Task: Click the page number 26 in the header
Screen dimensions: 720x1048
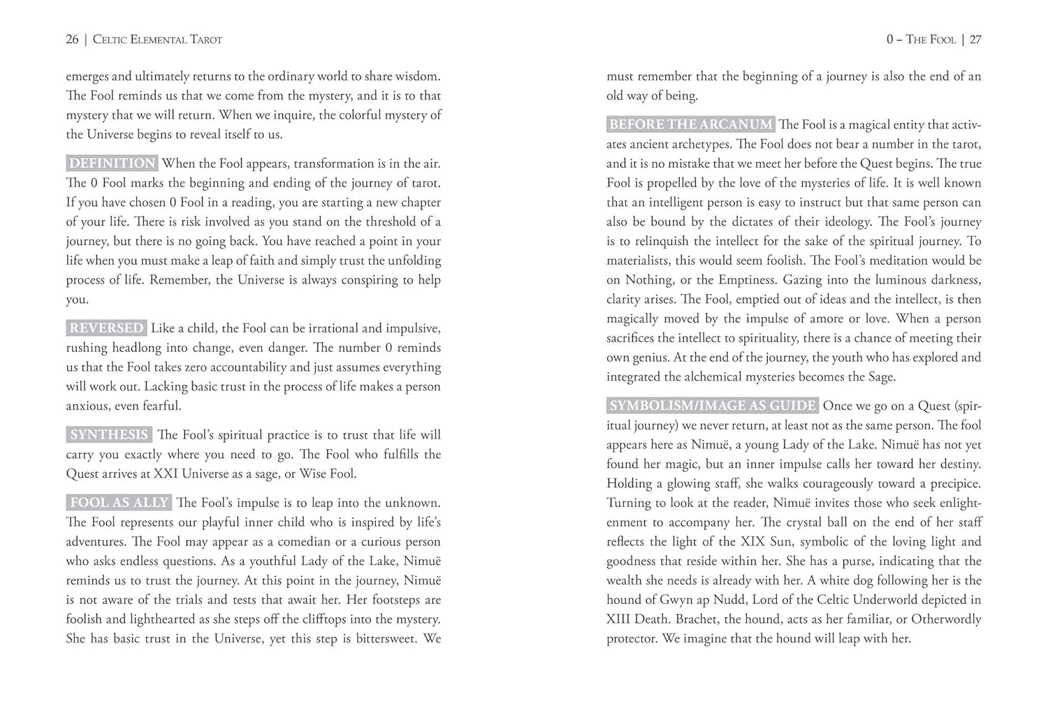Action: pyautogui.click(x=72, y=40)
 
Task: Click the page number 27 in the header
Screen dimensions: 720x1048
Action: pyautogui.click(x=975, y=40)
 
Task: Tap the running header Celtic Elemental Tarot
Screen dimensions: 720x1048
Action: pyautogui.click(x=157, y=40)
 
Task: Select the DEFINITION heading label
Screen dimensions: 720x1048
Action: pyautogui.click(x=112, y=163)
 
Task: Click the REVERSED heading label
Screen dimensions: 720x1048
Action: pyautogui.click(x=106, y=328)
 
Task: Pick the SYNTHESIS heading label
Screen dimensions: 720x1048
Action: pyautogui.click(x=109, y=435)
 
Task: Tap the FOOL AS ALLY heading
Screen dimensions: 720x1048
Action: pyautogui.click(x=119, y=503)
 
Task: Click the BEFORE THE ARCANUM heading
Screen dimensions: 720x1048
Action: pyautogui.click(x=690, y=124)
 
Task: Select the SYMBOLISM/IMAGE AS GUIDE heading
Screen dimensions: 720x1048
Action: pyautogui.click(x=712, y=406)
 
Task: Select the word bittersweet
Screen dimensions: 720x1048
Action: pyautogui.click(x=386, y=639)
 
